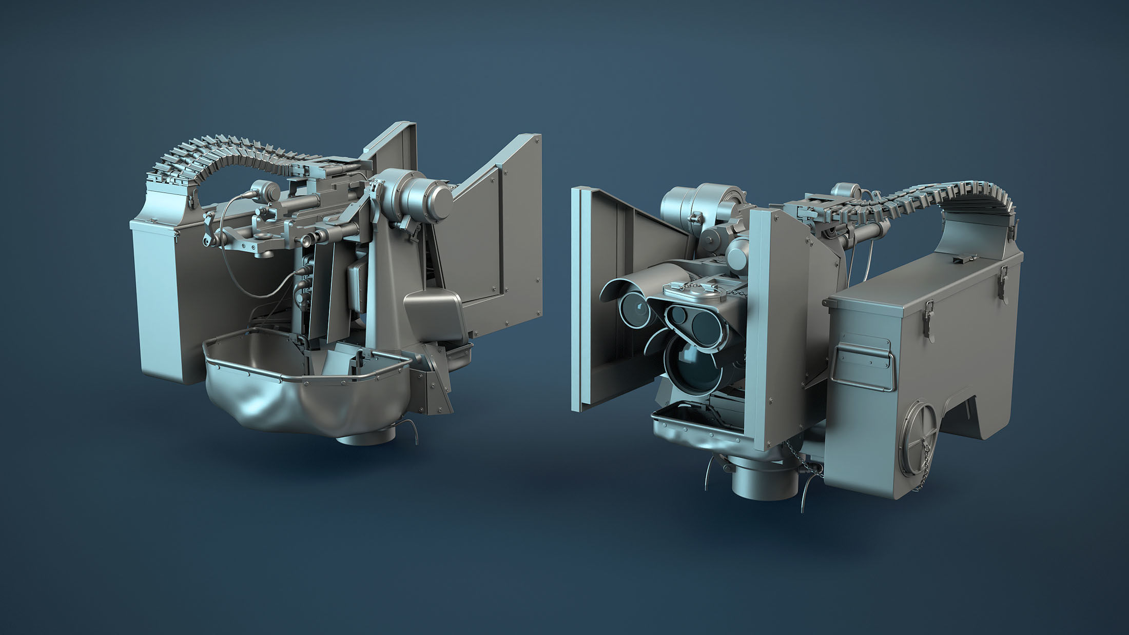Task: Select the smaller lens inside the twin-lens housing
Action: coord(678,314)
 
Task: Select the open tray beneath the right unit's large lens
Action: coord(683,421)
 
